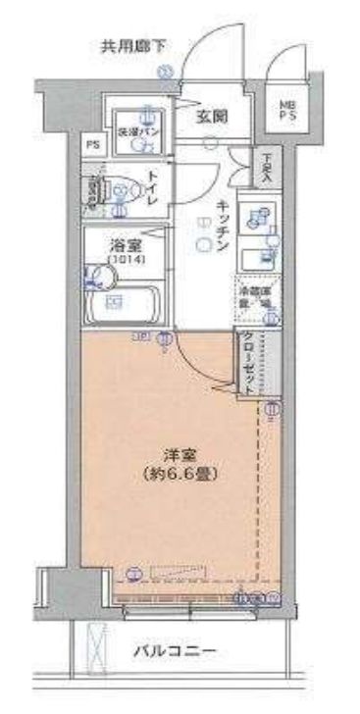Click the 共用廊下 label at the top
pos(133,45)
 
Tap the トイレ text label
pos(153,183)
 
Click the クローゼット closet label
pos(248,363)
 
